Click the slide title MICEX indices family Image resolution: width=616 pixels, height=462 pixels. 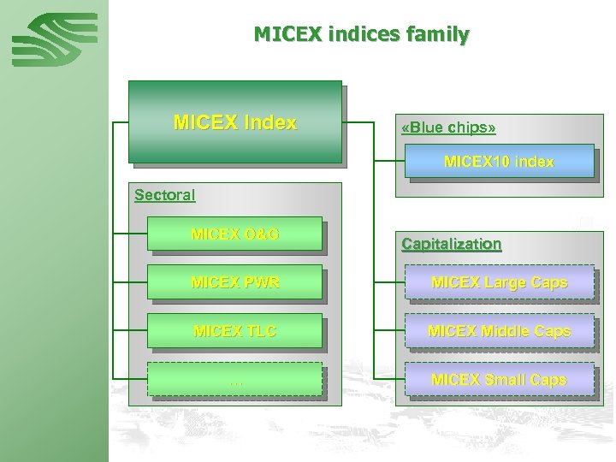(x=361, y=35)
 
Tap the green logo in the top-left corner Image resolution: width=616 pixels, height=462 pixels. (x=54, y=40)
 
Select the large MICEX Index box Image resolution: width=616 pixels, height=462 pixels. (x=234, y=121)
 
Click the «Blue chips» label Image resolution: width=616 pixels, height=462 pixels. (x=448, y=127)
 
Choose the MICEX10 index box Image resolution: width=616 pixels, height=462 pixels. (x=500, y=161)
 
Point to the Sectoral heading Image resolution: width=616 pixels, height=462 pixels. (x=165, y=195)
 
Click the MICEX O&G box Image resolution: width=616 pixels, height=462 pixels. (x=235, y=234)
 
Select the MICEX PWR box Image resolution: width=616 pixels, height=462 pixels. (x=235, y=282)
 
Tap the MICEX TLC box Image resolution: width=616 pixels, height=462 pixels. (x=235, y=331)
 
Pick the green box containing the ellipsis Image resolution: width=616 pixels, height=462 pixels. (x=235, y=380)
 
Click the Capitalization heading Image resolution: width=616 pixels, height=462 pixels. (x=452, y=244)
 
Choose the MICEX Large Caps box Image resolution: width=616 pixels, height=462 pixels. (x=500, y=282)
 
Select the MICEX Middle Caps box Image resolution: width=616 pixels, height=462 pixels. (x=500, y=331)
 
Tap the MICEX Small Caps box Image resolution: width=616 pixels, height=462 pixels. (x=500, y=380)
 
